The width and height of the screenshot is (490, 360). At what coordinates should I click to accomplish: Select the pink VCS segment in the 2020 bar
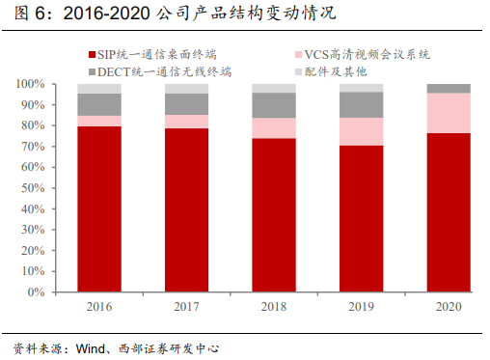[449, 113]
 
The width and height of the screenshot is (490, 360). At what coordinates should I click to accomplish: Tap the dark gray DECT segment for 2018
[273, 105]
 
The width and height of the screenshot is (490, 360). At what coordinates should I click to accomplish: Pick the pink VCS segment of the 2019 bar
[361, 131]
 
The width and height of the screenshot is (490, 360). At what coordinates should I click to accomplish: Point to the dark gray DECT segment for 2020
[449, 89]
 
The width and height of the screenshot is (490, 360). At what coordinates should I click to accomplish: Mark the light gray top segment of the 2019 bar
[361, 88]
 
